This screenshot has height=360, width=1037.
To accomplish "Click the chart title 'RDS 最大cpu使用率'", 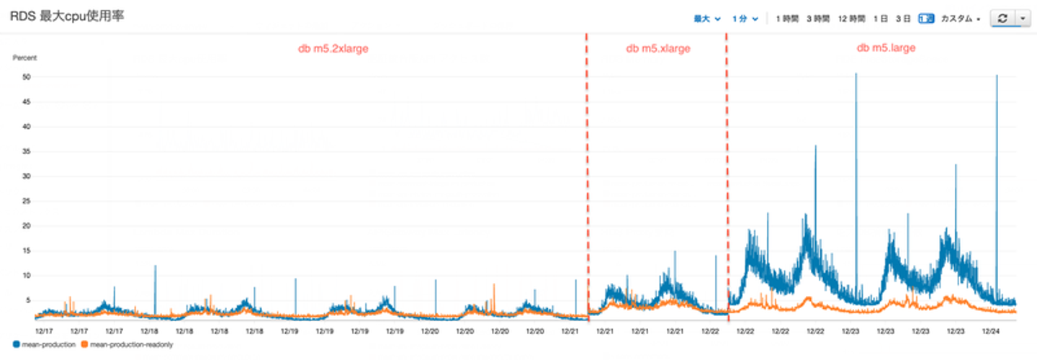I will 67,16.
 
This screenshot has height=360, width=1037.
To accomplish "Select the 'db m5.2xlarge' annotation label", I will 333,49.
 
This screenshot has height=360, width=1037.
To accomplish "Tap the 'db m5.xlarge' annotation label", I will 657,49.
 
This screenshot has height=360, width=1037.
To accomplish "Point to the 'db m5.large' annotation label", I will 886,48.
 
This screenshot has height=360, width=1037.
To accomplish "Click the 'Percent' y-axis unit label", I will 24,58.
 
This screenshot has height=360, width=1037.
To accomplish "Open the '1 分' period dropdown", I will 745,19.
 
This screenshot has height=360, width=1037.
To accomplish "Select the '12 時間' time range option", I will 852,19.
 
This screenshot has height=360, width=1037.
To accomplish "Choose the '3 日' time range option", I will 903,19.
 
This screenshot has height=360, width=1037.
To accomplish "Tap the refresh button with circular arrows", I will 1002,19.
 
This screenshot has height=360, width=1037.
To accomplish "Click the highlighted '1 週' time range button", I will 926,19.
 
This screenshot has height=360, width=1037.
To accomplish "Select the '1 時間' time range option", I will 787,19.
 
